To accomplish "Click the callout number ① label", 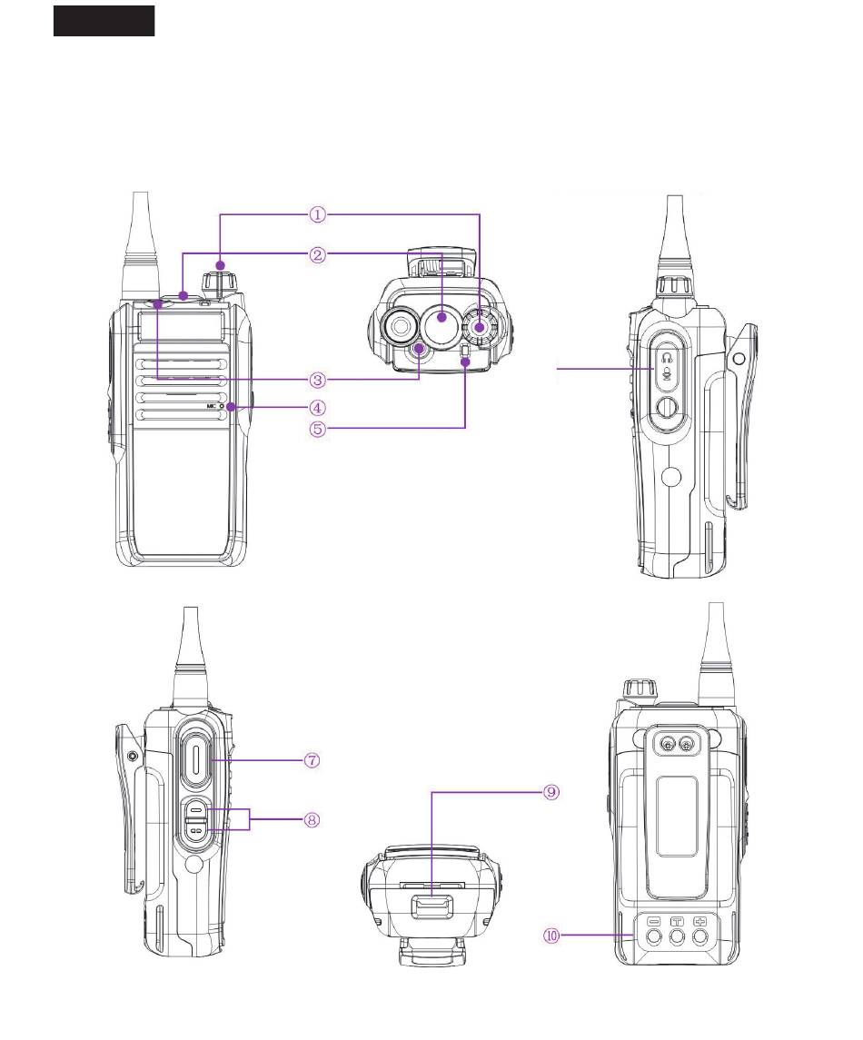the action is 318,214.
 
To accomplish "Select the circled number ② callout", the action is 318,254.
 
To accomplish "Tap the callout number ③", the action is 318,380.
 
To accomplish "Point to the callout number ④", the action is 318,407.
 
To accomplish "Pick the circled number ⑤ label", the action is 318,429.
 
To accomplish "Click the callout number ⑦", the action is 312,760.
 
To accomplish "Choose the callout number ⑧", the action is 312,820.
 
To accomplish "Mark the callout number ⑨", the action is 551,792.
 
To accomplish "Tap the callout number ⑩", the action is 552,936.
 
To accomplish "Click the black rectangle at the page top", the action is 104,21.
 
